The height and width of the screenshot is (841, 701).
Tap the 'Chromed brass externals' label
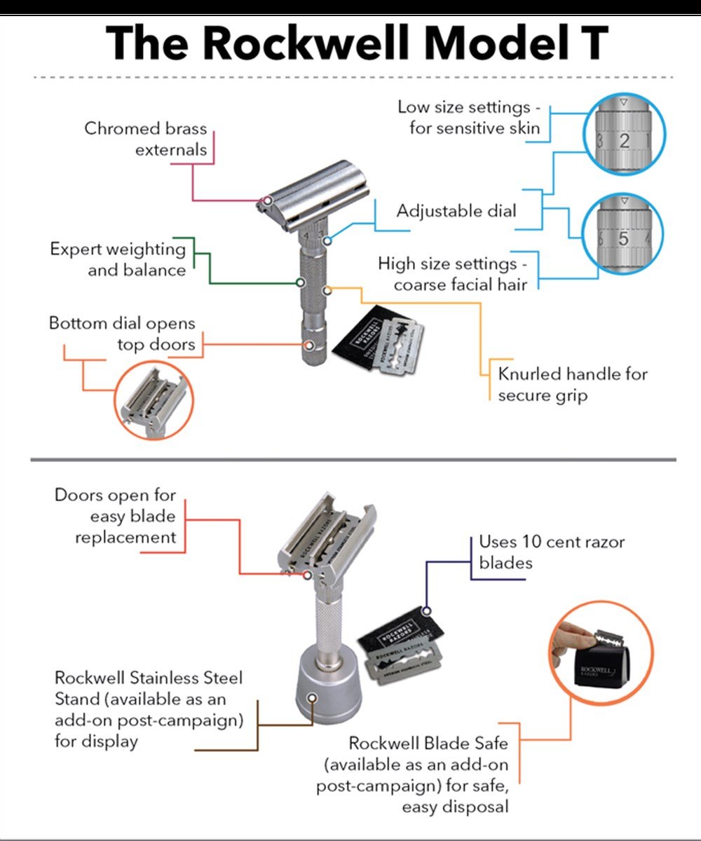146,139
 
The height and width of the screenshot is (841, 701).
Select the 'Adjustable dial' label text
456,210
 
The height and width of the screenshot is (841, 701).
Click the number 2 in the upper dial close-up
624,140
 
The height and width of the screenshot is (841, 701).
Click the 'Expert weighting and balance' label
118,259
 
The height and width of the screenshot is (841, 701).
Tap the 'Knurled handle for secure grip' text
573,384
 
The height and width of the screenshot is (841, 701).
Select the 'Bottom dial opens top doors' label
122,334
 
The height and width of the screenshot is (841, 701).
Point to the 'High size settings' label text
456,274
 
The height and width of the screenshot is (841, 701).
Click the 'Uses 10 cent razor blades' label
551,552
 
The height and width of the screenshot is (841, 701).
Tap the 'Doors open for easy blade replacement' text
116,517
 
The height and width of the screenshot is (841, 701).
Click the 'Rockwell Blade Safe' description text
428,774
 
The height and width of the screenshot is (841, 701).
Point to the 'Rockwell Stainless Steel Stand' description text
149,709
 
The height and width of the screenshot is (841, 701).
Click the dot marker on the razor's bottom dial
309,344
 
